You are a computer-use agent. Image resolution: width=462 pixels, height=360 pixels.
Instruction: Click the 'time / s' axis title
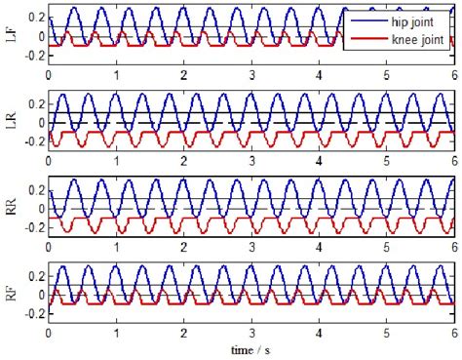click(x=250, y=348)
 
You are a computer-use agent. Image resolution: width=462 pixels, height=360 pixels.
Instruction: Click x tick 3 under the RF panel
click(x=251, y=332)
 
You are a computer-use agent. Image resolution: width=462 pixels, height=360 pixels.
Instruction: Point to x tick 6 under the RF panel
click(x=454, y=332)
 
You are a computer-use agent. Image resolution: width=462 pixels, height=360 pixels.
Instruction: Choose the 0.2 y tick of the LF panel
click(x=34, y=19)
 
